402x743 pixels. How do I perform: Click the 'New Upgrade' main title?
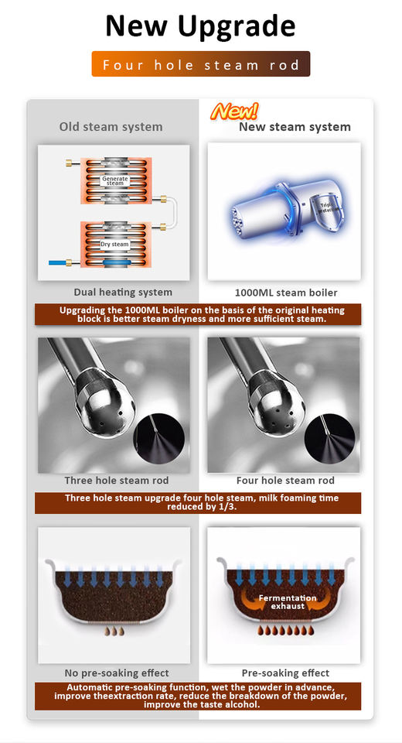pyautogui.click(x=200, y=26)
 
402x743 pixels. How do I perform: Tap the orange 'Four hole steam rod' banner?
pyautogui.click(x=200, y=65)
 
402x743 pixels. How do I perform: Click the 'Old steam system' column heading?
pyautogui.click(x=111, y=127)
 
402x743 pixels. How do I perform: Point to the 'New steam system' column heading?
pyautogui.click(x=294, y=127)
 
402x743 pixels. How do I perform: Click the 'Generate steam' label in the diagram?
pyautogui.click(x=114, y=180)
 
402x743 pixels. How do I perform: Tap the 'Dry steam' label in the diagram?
pyautogui.click(x=114, y=244)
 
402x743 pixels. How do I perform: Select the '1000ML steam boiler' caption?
pyautogui.click(x=285, y=293)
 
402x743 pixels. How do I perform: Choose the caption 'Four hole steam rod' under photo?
pyautogui.click(x=285, y=481)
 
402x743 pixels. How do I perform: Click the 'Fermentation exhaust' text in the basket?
pyautogui.click(x=288, y=602)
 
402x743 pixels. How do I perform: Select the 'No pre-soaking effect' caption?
pyautogui.click(x=116, y=673)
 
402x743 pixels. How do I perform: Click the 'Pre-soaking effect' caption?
pyautogui.click(x=285, y=673)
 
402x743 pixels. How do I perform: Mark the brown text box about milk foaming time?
pyautogui.click(x=200, y=503)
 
